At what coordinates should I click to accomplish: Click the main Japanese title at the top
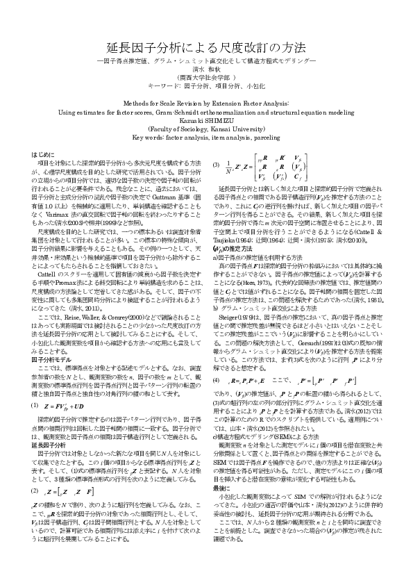pyautogui.click(x=206, y=49)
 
